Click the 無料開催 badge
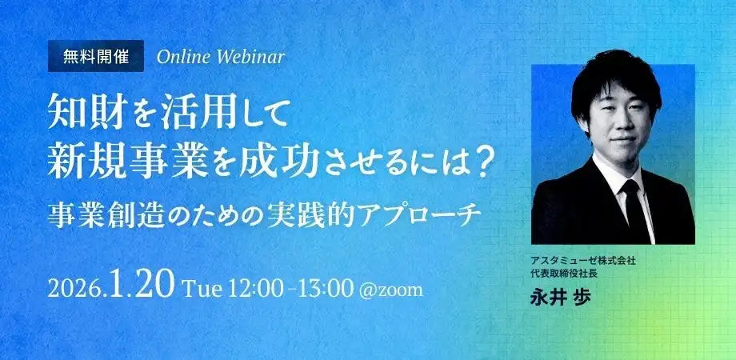96,56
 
